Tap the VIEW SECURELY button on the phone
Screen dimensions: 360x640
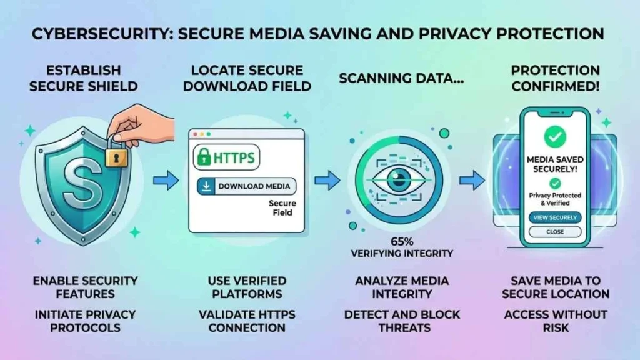click(x=554, y=217)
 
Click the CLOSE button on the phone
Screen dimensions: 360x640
click(x=554, y=232)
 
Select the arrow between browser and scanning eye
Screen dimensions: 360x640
click(x=325, y=182)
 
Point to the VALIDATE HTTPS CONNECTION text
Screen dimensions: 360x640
click(x=247, y=320)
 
